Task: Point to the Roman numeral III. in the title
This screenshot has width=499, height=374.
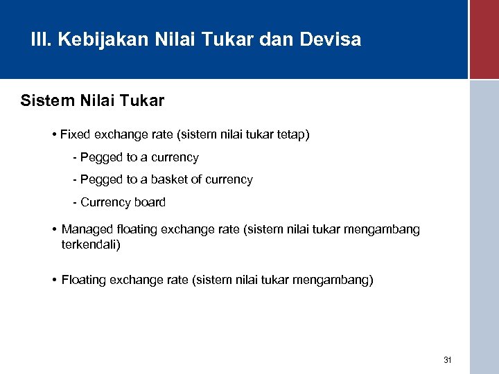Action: click(41, 39)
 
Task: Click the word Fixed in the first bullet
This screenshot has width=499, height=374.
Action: click(76, 134)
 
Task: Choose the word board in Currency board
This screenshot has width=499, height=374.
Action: click(150, 202)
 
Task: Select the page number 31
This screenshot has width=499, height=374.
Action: click(447, 360)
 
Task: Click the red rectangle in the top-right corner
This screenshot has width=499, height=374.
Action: click(484, 39)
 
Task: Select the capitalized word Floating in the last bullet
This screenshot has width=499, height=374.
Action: click(84, 280)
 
